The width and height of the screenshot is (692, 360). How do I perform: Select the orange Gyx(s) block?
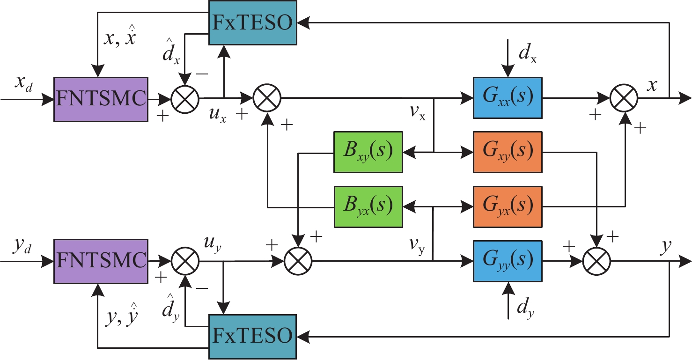click(x=508, y=206)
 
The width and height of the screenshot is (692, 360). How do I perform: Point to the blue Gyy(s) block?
click(x=508, y=261)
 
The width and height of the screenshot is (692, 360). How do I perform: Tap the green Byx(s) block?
click(x=368, y=206)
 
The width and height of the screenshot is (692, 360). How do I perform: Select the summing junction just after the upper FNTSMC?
click(x=185, y=99)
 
